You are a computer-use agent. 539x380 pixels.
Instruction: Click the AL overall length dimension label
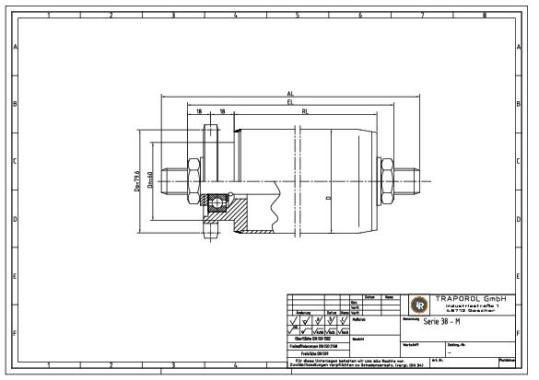tap(290, 94)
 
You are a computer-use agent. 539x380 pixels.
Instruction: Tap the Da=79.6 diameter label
tap(135, 180)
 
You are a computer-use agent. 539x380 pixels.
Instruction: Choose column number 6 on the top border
tap(359, 15)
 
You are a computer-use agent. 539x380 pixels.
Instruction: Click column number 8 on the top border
tap(485, 15)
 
